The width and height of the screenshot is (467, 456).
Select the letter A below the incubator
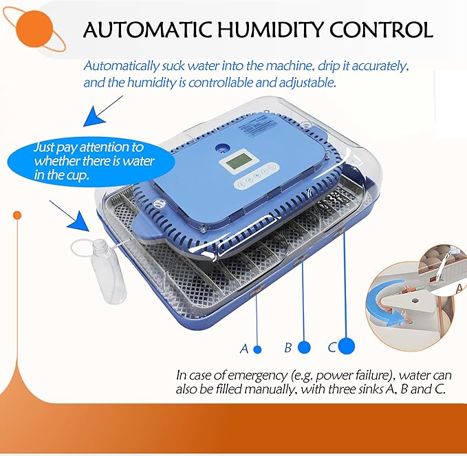click(243, 349)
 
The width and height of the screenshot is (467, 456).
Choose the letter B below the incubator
click(288, 347)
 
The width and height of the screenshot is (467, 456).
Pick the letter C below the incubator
click(332, 347)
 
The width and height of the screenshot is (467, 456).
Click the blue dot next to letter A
click(257, 349)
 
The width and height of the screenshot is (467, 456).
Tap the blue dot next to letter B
click(304, 347)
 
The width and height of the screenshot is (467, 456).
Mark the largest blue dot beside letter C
click(347, 346)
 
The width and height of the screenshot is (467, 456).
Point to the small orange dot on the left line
click(17, 215)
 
